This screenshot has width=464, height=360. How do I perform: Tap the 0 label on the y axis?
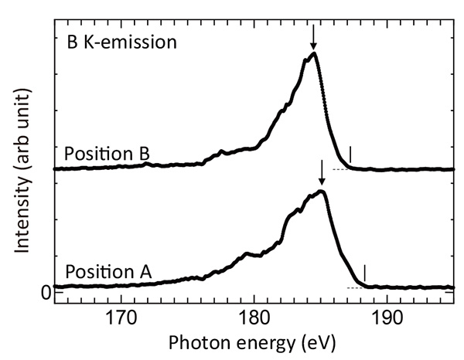pos(46,291)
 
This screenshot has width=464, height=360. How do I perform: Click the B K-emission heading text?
pos(121,39)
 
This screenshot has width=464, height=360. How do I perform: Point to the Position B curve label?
pos(106,152)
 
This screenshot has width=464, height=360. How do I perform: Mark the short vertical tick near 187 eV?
pos(350,155)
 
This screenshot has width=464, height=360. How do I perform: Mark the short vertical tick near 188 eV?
pos(364,273)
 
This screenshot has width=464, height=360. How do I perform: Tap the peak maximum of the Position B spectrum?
pos(312,53)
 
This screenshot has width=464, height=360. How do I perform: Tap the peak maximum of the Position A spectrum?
pos(322,191)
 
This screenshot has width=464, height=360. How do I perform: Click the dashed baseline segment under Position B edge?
pos(340,168)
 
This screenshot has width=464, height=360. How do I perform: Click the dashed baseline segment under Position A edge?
pos(355,287)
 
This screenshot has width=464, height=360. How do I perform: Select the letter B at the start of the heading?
pos(70,39)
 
